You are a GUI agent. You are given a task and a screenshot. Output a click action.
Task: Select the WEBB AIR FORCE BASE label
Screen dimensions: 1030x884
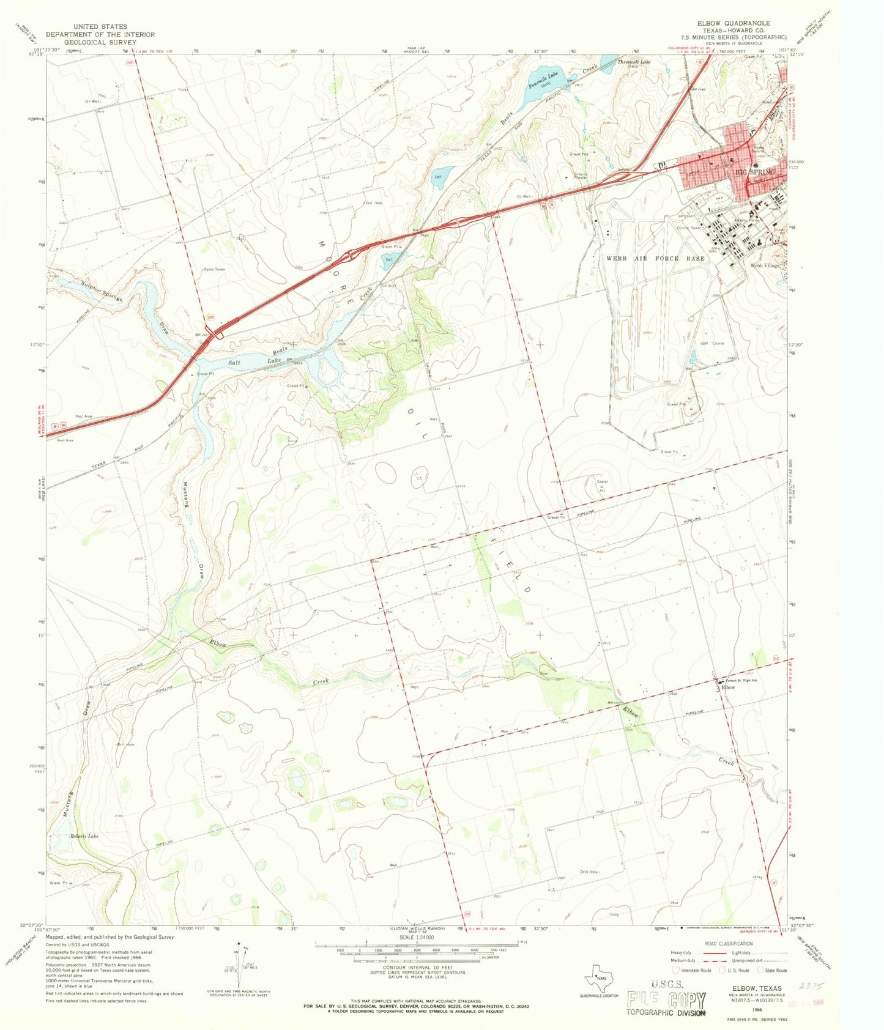(x=655, y=258)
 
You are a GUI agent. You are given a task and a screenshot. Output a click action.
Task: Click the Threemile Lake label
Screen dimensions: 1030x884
(x=634, y=62)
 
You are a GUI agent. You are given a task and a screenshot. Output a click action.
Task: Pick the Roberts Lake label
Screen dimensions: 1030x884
(x=84, y=835)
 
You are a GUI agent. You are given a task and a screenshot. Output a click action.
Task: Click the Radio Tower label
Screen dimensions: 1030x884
(x=214, y=269)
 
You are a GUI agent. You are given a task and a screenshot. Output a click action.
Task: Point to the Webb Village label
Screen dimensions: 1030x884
(x=765, y=265)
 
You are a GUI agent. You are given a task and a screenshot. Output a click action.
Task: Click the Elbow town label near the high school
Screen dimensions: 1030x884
(x=728, y=687)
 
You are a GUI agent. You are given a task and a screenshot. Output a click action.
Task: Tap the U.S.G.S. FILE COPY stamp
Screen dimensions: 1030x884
(x=666, y=1001)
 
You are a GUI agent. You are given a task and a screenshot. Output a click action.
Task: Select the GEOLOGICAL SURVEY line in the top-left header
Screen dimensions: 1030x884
(x=101, y=42)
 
